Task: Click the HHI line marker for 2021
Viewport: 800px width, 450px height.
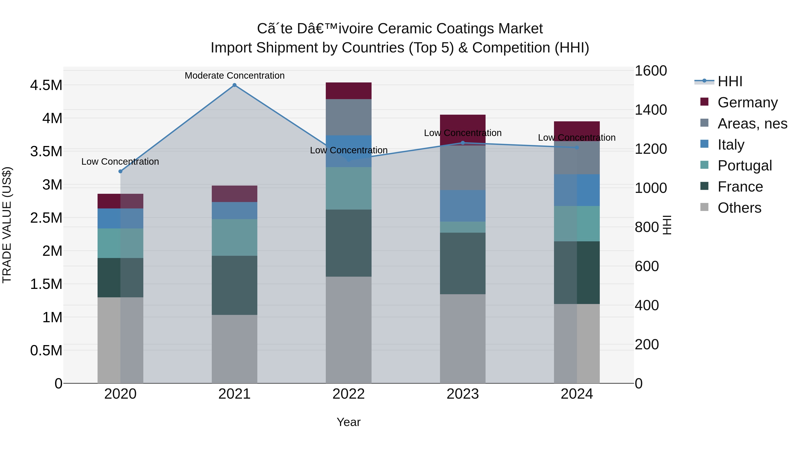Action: (234, 85)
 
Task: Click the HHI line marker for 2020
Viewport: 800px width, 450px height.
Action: (120, 171)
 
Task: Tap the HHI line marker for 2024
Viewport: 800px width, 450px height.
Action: (577, 148)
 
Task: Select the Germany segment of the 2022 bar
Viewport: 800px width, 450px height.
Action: (348, 91)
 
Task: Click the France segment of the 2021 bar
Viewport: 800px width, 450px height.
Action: (234, 285)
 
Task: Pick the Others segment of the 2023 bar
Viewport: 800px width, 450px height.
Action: (462, 338)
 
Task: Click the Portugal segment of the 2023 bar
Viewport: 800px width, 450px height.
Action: (462, 227)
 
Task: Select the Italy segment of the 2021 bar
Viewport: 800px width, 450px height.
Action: (234, 211)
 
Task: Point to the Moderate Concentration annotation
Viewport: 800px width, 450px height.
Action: (234, 76)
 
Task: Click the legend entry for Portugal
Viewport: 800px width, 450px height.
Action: (744, 166)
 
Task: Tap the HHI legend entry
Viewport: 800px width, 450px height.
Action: (730, 81)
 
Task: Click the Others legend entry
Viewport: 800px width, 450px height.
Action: (739, 208)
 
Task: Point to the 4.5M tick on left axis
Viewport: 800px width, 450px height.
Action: (46, 85)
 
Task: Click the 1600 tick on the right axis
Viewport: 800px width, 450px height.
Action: (650, 71)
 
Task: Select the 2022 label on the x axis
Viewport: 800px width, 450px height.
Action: (348, 394)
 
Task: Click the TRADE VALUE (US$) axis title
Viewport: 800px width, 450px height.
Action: (7, 225)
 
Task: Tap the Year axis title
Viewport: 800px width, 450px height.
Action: (348, 422)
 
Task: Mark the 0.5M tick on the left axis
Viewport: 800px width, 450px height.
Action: (46, 351)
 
